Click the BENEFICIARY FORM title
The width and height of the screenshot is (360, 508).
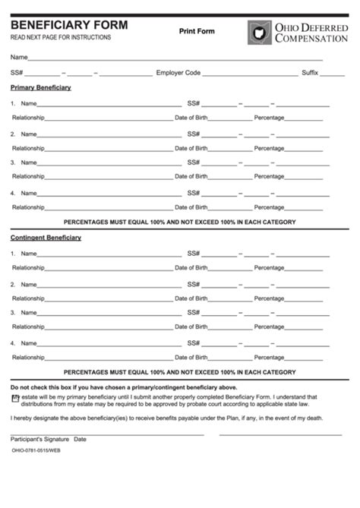tap(69, 25)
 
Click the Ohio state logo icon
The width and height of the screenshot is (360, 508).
tap(259, 32)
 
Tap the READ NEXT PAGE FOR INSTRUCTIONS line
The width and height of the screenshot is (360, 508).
tap(60, 37)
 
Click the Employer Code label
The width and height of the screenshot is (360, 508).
tap(178, 73)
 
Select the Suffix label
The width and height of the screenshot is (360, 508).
tap(310, 73)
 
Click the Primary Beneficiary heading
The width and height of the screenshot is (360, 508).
tap(41, 87)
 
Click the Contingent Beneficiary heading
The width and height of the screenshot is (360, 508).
tap(46, 238)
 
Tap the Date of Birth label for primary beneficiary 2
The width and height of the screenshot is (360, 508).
tap(191, 148)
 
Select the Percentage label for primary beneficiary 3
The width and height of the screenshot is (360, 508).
tap(269, 176)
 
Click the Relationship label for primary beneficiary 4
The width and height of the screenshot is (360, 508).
tap(27, 207)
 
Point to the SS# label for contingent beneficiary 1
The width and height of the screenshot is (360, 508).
tap(194, 253)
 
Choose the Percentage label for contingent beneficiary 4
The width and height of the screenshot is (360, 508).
tap(269, 336)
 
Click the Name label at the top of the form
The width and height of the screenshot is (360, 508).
tap(19, 58)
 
